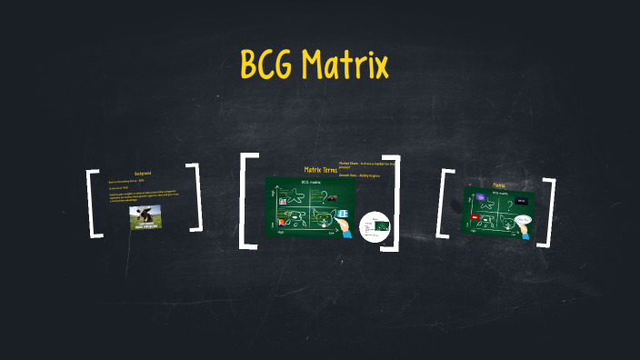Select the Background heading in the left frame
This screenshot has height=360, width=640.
[x=143, y=173]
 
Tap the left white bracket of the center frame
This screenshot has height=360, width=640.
[x=245, y=201]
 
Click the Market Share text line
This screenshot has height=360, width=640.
[x=364, y=165]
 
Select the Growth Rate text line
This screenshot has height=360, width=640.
[x=356, y=175]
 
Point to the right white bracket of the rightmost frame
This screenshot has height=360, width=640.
[x=547, y=206]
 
